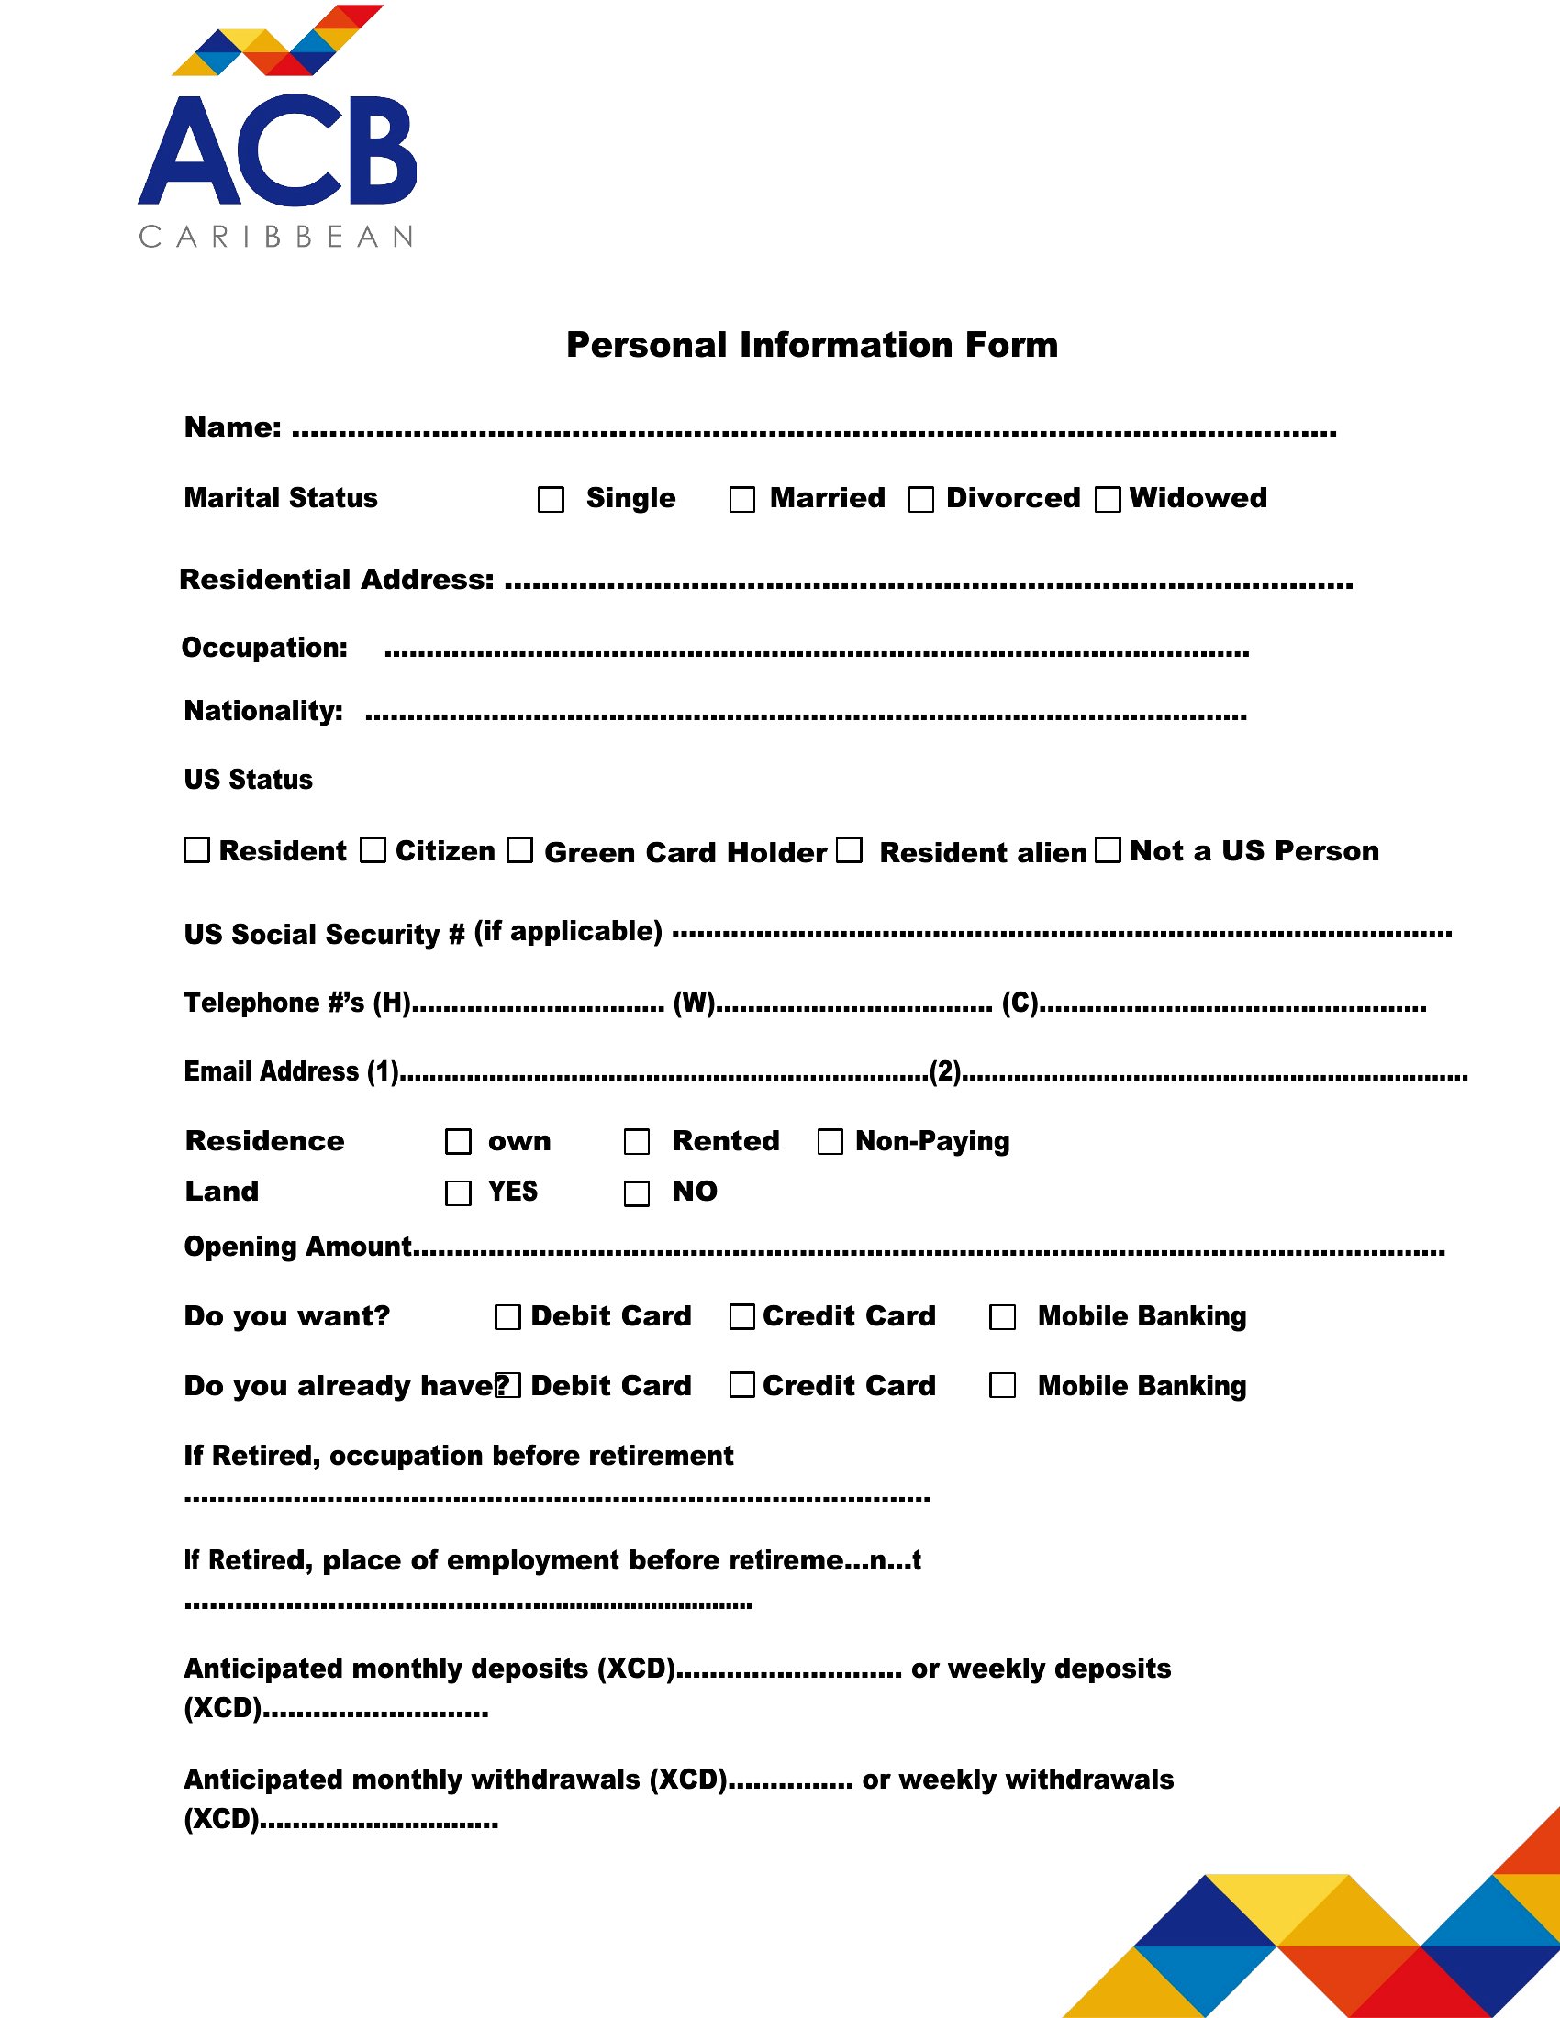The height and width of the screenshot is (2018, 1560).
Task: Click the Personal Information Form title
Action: coord(811,345)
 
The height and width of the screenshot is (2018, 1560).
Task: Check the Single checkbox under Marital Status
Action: coord(551,500)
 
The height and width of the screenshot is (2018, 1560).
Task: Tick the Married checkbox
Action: coord(742,500)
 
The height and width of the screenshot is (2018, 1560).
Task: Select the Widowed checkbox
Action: coord(1108,500)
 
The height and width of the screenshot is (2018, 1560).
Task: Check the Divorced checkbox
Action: coord(920,500)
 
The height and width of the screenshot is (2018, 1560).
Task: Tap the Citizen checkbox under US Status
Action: coord(373,850)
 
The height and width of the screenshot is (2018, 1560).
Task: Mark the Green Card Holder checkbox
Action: coord(520,850)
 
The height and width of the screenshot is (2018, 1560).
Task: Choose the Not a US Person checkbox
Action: coord(1108,850)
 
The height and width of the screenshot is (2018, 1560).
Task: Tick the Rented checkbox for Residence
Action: coord(637,1142)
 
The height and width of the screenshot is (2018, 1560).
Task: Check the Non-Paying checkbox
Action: coord(830,1142)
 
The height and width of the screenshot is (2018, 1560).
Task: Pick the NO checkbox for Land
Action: coord(637,1193)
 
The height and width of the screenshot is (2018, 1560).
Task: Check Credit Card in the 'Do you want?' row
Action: coord(742,1316)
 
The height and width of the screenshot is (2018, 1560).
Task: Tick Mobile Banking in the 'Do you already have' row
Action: coord(1003,1385)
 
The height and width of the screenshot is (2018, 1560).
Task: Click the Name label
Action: coord(232,427)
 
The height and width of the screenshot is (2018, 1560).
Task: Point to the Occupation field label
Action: coord(264,648)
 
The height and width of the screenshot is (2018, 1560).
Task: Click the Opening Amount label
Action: coord(297,1247)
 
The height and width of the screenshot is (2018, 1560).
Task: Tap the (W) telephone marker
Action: coord(693,1003)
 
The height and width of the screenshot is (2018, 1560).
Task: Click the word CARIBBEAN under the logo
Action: coord(276,237)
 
